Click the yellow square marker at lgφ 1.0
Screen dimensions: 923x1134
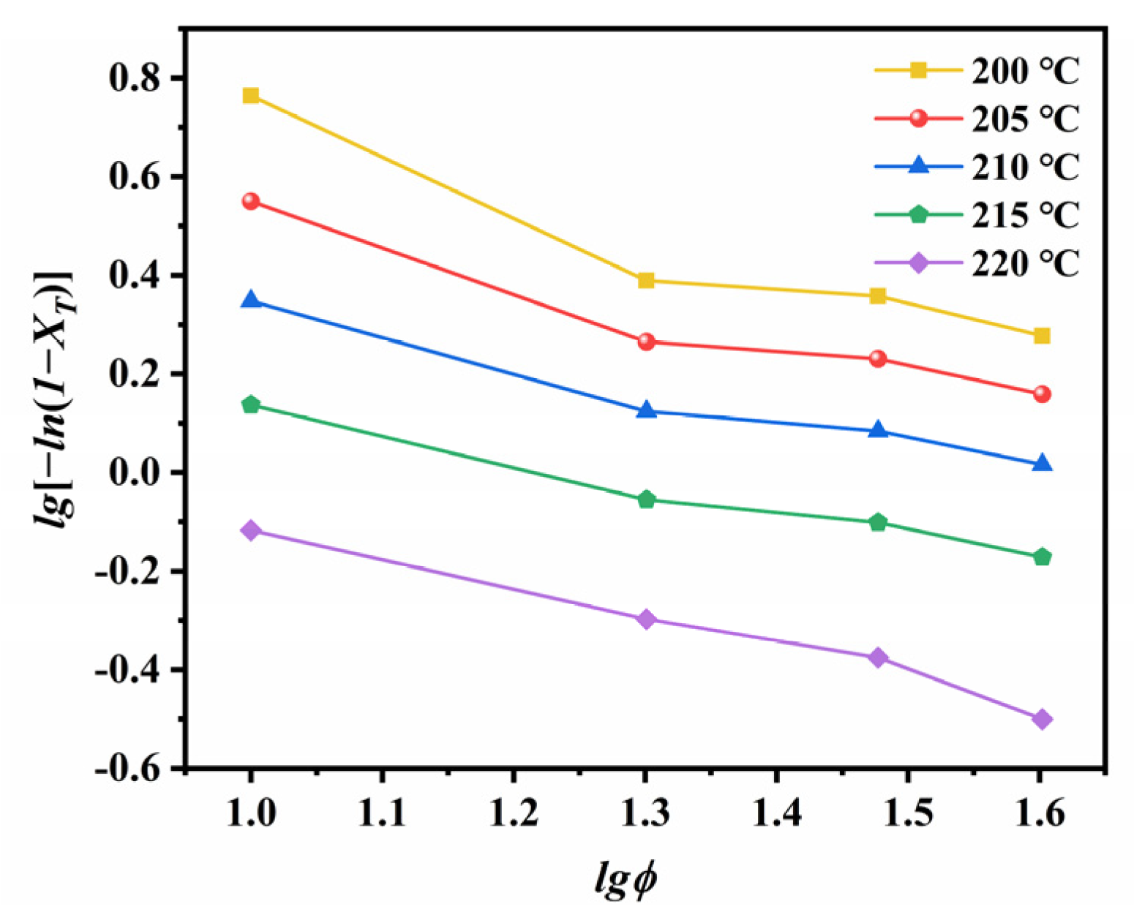pyautogui.click(x=251, y=96)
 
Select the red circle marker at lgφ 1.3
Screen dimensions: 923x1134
pyautogui.click(x=646, y=342)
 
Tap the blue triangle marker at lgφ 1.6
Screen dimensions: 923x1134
pyautogui.click(x=1042, y=464)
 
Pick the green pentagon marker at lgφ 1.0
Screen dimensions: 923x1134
pyautogui.click(x=251, y=404)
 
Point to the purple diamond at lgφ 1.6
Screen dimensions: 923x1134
pyautogui.click(x=1042, y=719)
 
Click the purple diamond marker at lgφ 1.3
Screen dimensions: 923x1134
pyautogui.click(x=646, y=619)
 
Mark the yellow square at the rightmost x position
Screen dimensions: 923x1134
pyautogui.click(x=1042, y=336)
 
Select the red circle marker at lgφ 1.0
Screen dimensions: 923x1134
pyautogui.click(x=251, y=201)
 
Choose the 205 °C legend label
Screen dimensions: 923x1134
pyautogui.click(x=1025, y=119)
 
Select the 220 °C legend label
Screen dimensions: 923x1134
pyautogui.click(x=1025, y=263)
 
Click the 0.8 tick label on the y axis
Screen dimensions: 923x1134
pyautogui.click(x=136, y=78)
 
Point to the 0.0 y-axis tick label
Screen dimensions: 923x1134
pyautogui.click(x=136, y=473)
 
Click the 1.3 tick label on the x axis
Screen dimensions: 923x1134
pyautogui.click(x=646, y=813)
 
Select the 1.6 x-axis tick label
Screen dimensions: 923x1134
pyautogui.click(x=1040, y=813)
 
